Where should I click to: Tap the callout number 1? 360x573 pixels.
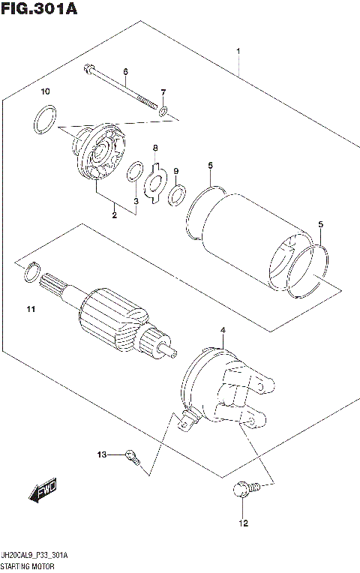tap(238, 51)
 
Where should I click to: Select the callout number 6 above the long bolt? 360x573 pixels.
tap(125, 72)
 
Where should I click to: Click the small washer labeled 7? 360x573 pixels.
tap(162, 112)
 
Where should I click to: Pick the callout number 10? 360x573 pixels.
tap(45, 91)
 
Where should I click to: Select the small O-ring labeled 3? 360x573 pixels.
tap(134, 172)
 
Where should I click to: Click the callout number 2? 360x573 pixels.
tap(115, 216)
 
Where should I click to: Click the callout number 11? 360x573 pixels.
tap(30, 309)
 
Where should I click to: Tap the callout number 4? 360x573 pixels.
tap(222, 330)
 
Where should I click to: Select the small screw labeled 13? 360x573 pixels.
tap(133, 455)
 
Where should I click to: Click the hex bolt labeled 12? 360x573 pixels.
tap(244, 489)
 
